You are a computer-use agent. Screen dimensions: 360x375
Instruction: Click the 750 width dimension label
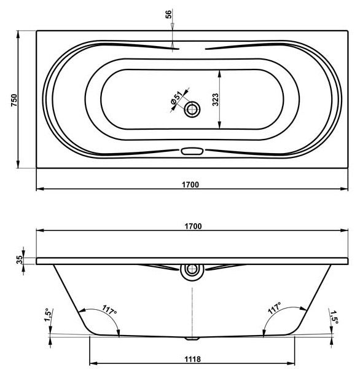[x=14, y=100]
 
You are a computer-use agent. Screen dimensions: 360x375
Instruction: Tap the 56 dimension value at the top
[x=168, y=14]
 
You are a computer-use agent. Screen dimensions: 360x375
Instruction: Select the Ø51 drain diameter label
[x=177, y=98]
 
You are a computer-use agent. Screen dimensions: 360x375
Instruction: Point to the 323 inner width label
[x=215, y=100]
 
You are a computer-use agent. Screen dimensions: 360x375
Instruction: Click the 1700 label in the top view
[x=190, y=184]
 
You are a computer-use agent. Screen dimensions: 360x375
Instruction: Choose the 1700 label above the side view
[x=193, y=226]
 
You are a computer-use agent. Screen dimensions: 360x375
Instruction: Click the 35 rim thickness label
[x=20, y=259]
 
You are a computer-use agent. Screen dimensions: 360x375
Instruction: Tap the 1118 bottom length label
[x=193, y=359]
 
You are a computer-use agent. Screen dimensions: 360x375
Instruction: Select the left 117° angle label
[x=109, y=310]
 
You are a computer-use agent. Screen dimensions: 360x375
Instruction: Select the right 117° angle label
[x=275, y=308]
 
